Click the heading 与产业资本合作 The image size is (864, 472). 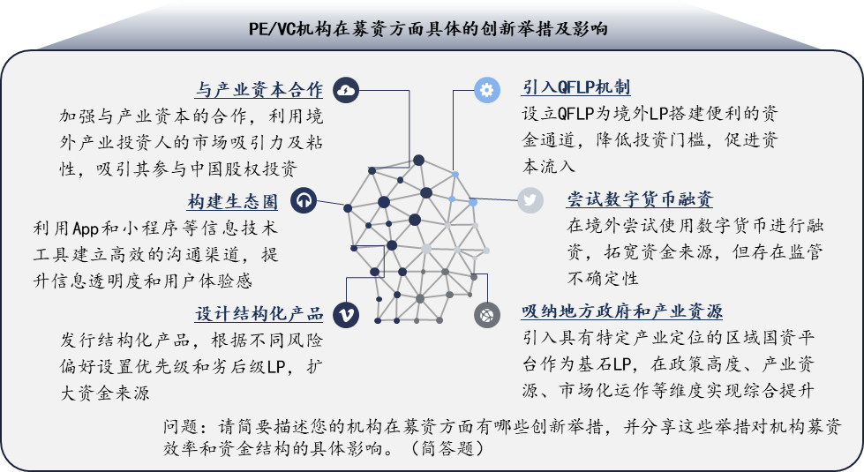pos(259,90)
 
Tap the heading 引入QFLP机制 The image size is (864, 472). pos(576,87)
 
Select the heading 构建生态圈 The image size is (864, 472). pos(232,201)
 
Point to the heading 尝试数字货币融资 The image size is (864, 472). pos(640,199)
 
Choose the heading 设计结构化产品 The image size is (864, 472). pos(259,313)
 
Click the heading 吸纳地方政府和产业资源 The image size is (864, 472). pos(622,311)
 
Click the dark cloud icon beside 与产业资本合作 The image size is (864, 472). pos(345,90)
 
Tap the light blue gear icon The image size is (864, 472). pos(487,90)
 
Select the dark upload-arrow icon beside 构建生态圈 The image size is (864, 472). pos(303,200)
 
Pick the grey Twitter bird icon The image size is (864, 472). pos(530,200)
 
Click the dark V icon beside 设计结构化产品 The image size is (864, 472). pos(346,314)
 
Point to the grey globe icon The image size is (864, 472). pos(487,314)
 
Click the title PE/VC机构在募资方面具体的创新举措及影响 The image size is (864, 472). pos(428,28)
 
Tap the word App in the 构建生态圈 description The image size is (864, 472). pos(86,228)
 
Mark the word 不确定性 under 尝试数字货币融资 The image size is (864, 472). pos(603,278)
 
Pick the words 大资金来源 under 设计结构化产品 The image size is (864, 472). pos(105,393)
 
